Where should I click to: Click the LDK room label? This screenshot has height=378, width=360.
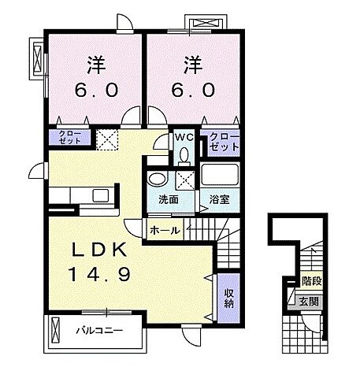click(x=99, y=250)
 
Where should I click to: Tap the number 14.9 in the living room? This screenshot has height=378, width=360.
click(x=99, y=274)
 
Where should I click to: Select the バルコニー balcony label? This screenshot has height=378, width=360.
click(x=99, y=331)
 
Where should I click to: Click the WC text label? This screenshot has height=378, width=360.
click(x=184, y=137)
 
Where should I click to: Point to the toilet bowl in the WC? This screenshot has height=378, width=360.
click(x=184, y=155)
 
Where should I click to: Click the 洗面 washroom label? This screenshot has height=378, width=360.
click(x=169, y=200)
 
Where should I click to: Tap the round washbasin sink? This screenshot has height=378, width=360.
click(x=157, y=180)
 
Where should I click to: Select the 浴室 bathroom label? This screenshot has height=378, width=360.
click(x=220, y=200)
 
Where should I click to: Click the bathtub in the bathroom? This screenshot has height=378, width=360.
click(x=220, y=173)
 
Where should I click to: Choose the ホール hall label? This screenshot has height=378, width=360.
click(x=165, y=231)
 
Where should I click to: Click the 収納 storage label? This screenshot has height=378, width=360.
click(x=228, y=298)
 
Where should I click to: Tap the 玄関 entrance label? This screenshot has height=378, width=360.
click(x=309, y=302)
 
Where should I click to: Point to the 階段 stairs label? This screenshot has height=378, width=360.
click(x=312, y=281)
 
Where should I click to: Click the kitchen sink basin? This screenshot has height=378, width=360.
click(x=101, y=195)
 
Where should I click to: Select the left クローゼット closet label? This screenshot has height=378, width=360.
click(x=70, y=137)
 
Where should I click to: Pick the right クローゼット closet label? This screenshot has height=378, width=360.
click(x=225, y=142)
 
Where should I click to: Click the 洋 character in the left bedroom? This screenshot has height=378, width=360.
click(x=97, y=65)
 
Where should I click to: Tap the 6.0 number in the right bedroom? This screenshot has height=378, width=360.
click(x=194, y=90)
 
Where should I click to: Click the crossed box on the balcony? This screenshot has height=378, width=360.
click(x=56, y=330)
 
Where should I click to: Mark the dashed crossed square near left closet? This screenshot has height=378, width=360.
click(x=108, y=139)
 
